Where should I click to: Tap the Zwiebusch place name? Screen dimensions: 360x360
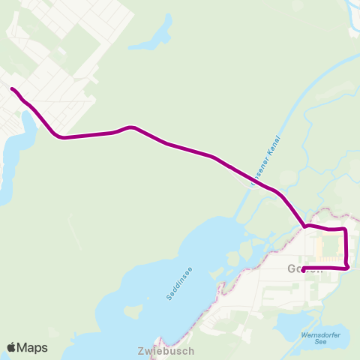click(166, 350)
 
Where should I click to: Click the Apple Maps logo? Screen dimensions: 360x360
click(28, 347)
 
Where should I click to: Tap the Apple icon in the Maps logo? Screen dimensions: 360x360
click(12, 347)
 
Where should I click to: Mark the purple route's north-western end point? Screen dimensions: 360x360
click(12, 89)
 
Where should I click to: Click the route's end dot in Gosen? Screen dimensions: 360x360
click(303, 270)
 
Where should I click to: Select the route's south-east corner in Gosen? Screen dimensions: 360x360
click(348, 267)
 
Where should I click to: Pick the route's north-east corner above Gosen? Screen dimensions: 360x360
click(344, 229)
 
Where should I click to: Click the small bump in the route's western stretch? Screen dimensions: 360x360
click(130, 127)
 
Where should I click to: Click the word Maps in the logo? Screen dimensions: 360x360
click(33, 347)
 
